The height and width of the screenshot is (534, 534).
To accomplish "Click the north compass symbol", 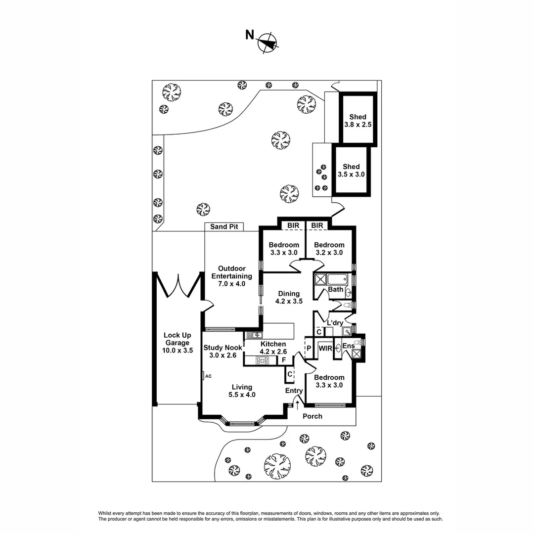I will pos(267,43).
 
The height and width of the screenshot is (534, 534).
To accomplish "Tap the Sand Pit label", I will pos(224,226).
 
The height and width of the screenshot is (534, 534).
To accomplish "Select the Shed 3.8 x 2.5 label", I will pos(357,121).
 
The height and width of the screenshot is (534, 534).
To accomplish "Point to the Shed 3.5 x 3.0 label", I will pos(351,171).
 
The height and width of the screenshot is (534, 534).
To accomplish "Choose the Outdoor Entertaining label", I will pos(231,276).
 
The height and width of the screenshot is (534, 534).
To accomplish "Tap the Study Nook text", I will pos(222,351).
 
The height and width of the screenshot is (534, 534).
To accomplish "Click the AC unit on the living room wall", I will pos(203,376).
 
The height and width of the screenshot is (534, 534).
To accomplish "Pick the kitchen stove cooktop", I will pos(262,360).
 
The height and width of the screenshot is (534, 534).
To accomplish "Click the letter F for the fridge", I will pos(284,359).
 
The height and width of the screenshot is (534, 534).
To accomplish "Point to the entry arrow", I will pos(297,405).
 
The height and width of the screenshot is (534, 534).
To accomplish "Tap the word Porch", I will pos(312,416).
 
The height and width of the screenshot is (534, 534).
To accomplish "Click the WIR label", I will pos(325,348).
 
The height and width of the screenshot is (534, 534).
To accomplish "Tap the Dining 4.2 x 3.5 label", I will pos(289,297).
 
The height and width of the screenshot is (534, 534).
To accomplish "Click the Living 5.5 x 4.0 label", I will pos(242,391).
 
